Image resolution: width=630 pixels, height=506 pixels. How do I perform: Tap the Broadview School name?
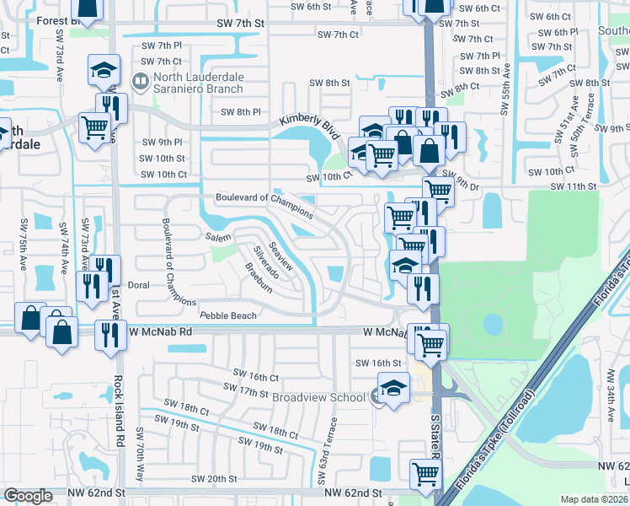[318, 396]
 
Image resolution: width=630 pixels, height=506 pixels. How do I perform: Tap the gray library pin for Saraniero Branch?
[141, 82]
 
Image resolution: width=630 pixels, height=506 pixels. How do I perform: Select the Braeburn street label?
[259, 276]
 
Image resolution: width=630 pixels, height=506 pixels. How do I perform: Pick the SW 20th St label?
[214, 478]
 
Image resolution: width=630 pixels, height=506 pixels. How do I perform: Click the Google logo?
[28, 496]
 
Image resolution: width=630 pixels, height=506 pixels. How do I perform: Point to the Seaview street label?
[281, 254]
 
